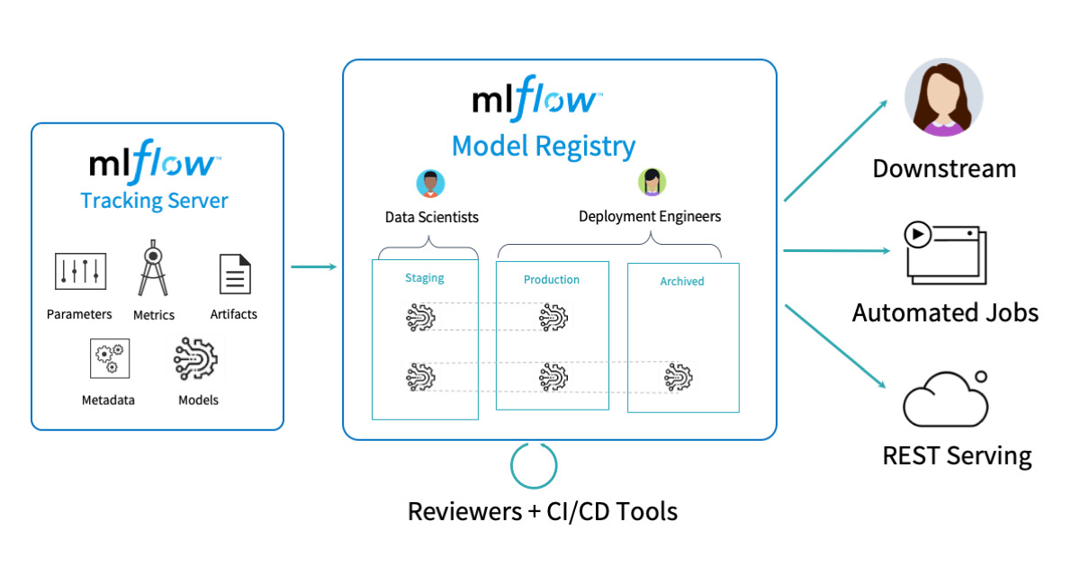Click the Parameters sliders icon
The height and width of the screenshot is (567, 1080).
click(x=81, y=272)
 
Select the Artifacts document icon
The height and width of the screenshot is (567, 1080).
click(x=234, y=274)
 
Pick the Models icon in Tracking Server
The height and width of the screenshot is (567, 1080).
click(x=196, y=358)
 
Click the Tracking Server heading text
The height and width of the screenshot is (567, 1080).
click(x=154, y=200)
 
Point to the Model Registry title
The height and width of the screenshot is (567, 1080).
click(x=543, y=145)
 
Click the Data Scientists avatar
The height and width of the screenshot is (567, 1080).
click(x=431, y=183)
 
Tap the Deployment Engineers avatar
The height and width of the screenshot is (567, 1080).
click(x=652, y=182)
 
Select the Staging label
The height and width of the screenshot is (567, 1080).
click(x=425, y=278)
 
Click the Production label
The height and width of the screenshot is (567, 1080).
click(x=552, y=279)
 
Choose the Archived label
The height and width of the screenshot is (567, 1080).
click(x=681, y=281)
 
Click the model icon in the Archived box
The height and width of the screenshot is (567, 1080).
click(x=679, y=377)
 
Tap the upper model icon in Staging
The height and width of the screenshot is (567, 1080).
click(x=419, y=317)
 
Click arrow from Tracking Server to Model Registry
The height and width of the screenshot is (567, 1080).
click(x=313, y=266)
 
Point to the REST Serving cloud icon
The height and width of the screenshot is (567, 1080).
click(x=945, y=400)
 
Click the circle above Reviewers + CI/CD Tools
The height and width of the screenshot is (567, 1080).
click(x=534, y=465)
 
